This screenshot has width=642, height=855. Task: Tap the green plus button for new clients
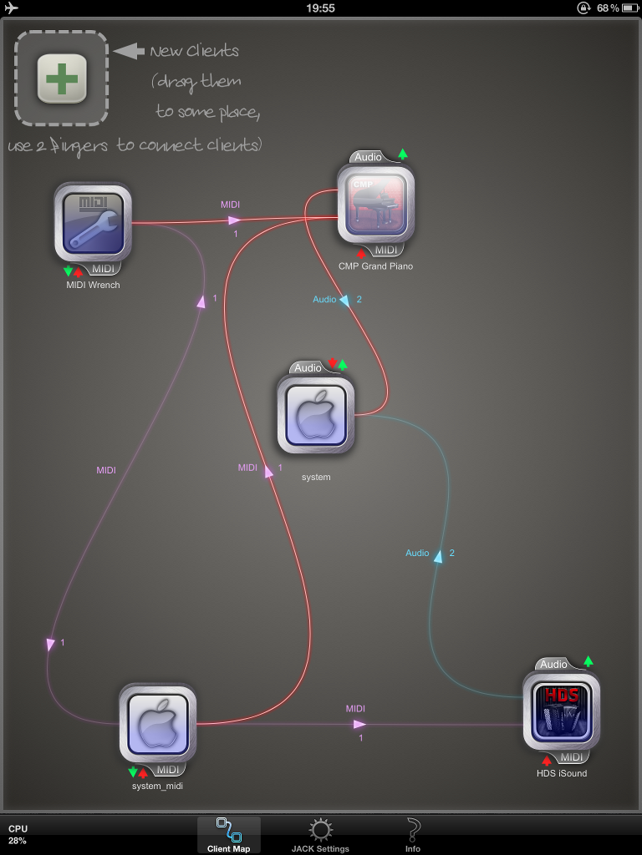[x=62, y=78]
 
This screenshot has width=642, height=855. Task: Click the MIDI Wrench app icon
[x=93, y=222]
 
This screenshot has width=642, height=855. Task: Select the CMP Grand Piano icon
[x=375, y=204]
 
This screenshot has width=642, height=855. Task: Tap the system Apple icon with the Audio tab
[x=315, y=414]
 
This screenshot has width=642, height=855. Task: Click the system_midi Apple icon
[x=158, y=723]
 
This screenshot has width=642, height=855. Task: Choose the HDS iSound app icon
[x=561, y=711]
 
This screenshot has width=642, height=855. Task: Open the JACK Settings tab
[x=320, y=835]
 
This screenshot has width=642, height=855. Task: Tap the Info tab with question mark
[x=413, y=835]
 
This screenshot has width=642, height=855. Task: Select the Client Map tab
[x=229, y=835]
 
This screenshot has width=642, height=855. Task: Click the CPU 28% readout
[x=18, y=834]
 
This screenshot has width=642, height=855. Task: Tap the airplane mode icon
[x=11, y=8]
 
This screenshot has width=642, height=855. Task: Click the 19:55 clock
[x=320, y=8]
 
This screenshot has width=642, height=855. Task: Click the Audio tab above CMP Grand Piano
[x=368, y=157]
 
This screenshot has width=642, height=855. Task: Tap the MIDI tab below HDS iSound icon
[x=571, y=756]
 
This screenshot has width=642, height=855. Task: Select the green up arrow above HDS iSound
[x=588, y=661]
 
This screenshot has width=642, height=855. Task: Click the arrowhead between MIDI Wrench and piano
[x=234, y=220]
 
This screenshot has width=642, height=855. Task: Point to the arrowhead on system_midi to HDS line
[x=359, y=724]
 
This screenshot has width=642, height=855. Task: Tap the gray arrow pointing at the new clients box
[x=129, y=51]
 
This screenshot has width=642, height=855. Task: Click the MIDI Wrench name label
[x=93, y=285]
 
